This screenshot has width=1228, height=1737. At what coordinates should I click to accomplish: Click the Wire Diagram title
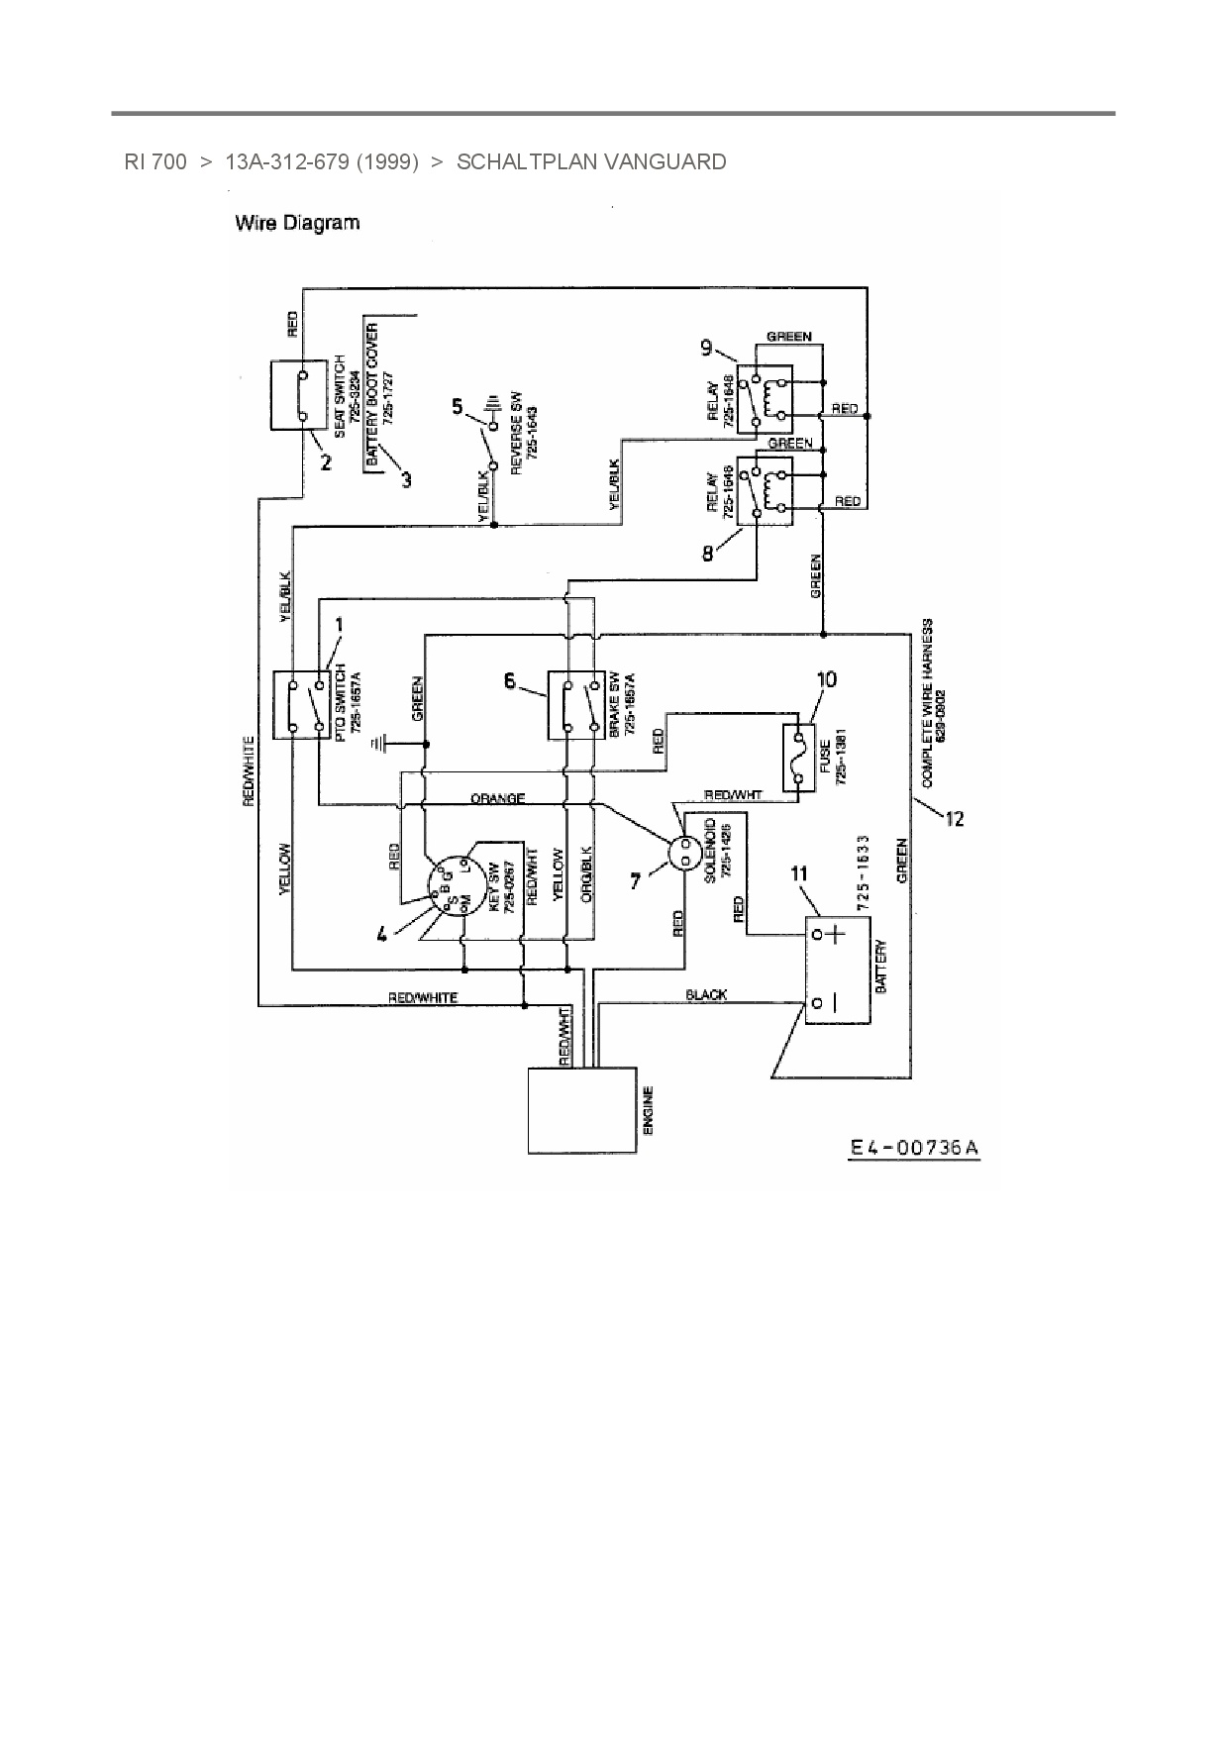coord(297,223)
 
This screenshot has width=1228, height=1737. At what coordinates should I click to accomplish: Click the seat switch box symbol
coord(299,395)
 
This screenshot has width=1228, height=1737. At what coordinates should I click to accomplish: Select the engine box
coord(581,1109)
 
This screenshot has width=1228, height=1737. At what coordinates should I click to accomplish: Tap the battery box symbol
coord(838,970)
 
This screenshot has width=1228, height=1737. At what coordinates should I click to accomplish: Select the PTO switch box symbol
coord(300,704)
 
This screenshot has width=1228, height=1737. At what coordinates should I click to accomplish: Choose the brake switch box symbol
coord(575,704)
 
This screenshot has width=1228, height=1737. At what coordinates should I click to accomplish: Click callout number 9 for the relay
coord(706,347)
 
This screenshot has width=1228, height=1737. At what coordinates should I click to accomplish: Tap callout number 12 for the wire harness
coord(954,819)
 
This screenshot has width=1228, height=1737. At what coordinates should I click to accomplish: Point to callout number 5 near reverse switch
coord(457,405)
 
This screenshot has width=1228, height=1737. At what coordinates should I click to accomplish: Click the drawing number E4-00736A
coord(914,1148)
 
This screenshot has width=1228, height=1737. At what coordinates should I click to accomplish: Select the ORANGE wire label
coord(497,798)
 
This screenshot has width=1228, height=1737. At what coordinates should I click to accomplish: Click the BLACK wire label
coord(706,994)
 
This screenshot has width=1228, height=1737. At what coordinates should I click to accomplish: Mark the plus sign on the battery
coord(837,934)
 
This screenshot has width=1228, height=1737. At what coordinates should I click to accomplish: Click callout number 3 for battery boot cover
coord(406,480)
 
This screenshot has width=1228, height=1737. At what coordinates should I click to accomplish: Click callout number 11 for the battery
coord(798,872)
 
